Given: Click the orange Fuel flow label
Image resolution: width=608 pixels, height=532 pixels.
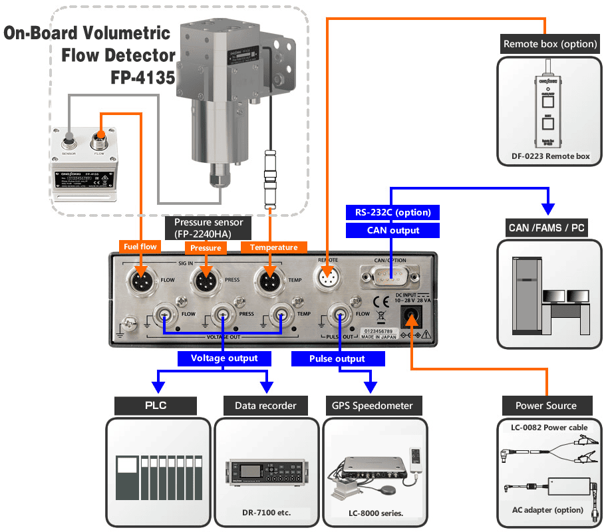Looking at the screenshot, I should coord(140,247).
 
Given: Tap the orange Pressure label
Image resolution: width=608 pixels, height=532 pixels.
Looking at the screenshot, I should coord(206,248).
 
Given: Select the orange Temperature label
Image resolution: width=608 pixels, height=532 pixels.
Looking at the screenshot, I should coord(273,247).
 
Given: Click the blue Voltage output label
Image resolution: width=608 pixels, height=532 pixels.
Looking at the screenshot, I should coord(224,358).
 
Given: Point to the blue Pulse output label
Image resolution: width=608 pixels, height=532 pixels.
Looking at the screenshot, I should coord(337,358).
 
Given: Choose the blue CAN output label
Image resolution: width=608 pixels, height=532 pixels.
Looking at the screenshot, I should coord(393,230).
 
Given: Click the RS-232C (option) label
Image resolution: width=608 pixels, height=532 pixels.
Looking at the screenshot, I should coord(393,213).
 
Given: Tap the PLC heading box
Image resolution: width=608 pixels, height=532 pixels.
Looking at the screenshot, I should coord(156,405).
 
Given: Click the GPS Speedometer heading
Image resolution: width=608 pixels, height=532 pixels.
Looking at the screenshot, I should coord(372,405).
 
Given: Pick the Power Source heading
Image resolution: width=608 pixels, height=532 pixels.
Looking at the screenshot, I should coord(546,405).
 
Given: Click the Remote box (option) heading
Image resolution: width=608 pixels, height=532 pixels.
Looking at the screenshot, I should coord(549,45).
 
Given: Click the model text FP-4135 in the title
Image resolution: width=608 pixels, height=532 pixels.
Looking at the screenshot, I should coord(142,78).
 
